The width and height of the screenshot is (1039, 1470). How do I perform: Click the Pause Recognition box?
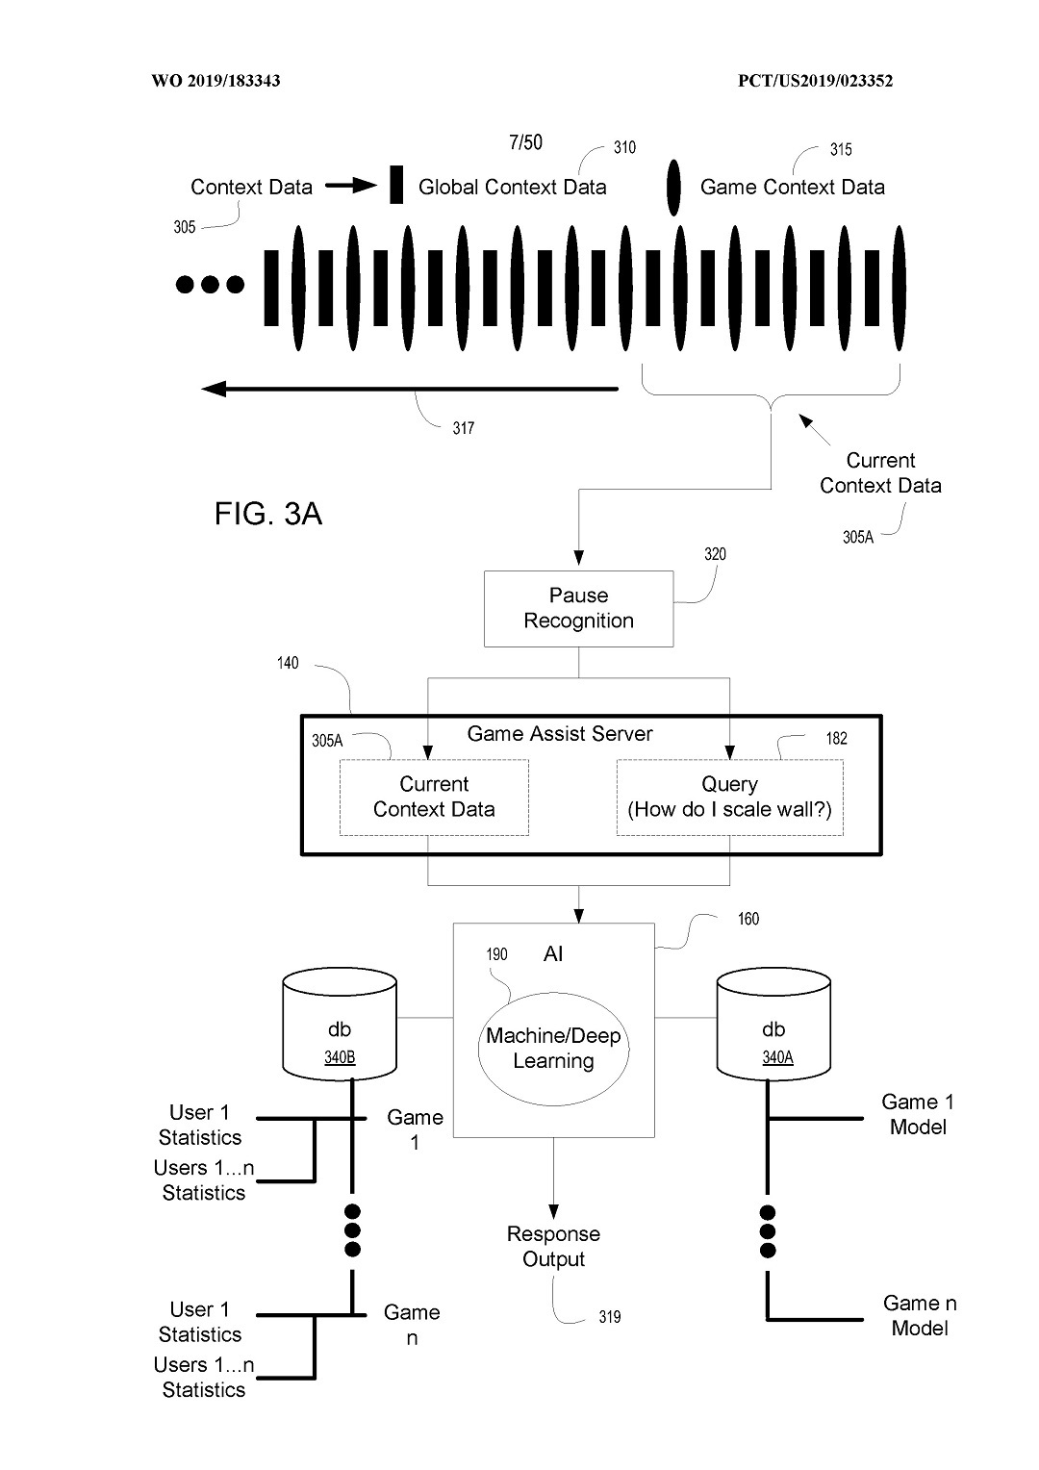[x=578, y=608]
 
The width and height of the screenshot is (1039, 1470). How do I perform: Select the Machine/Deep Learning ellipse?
[x=553, y=1048]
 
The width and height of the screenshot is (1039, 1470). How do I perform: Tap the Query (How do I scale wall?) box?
[x=729, y=797]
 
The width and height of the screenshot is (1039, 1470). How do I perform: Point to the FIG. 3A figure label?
[x=267, y=514]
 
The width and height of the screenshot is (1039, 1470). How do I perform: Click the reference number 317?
[x=464, y=428]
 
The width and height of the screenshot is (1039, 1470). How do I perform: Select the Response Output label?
[x=553, y=1246]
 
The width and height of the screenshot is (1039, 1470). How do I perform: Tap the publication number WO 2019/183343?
[x=215, y=81]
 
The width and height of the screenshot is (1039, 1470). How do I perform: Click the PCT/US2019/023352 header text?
[x=815, y=81]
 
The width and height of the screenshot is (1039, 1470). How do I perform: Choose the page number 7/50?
[x=525, y=142]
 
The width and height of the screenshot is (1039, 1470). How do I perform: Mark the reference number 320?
[x=715, y=554]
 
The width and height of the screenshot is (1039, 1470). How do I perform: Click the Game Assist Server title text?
[x=559, y=734]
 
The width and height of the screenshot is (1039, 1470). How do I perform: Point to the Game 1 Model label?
[x=918, y=1114]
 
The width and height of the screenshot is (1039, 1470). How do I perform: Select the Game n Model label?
[x=920, y=1315]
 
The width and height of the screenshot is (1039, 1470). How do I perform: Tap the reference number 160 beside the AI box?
[x=748, y=919]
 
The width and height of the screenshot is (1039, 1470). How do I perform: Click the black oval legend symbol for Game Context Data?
[x=673, y=187]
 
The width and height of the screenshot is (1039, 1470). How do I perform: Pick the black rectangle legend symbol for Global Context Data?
[x=396, y=185]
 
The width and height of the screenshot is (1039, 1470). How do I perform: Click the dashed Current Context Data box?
[x=434, y=797]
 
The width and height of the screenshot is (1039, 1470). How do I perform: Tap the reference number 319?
[x=609, y=1317]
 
